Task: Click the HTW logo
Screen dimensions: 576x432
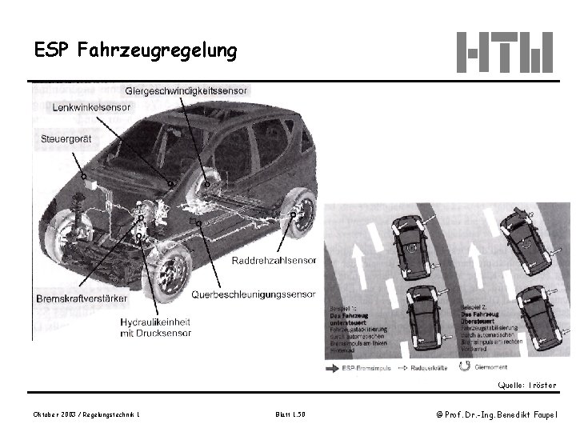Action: [x=505, y=52]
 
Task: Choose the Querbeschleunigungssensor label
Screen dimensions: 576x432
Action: [x=254, y=294]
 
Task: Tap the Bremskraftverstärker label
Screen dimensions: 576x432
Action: [x=82, y=298]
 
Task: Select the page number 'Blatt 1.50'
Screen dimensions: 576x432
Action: [x=289, y=414]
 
